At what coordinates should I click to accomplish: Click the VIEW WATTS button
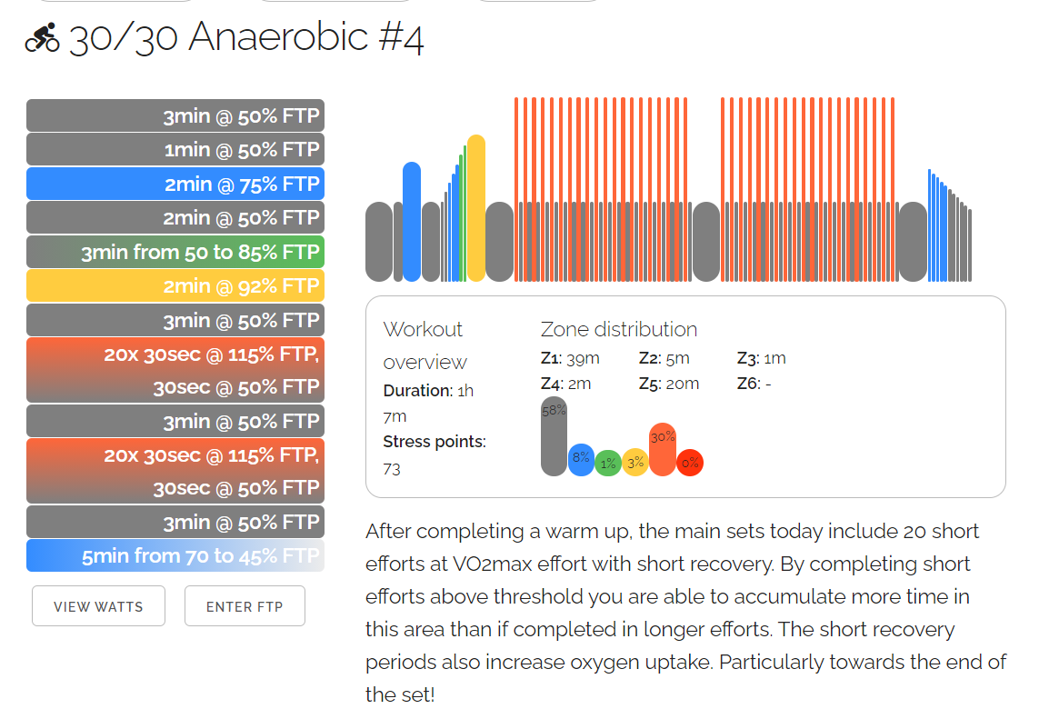98,606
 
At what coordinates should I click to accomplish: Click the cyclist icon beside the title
43,39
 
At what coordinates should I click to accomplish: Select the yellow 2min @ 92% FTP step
175,286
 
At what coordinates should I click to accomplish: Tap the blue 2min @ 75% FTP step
175,184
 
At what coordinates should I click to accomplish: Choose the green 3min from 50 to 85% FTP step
175,252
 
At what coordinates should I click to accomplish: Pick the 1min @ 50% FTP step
175,150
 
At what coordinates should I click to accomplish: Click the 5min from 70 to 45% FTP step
175,555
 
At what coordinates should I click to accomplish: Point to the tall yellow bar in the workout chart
476,208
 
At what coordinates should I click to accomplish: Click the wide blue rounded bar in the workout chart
412,222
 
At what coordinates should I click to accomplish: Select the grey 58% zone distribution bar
554,436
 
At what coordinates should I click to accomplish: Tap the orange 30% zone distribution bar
663,449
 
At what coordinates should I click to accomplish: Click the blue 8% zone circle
581,460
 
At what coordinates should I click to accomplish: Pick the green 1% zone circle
608,464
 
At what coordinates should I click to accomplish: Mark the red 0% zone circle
690,463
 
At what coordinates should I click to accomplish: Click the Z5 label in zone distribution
649,384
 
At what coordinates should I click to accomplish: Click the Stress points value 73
392,469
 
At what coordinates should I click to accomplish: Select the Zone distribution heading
619,329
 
